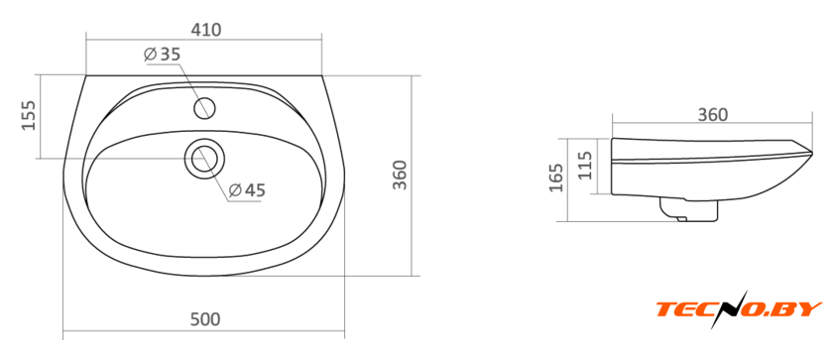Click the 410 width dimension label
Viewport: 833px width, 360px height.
point(206,30)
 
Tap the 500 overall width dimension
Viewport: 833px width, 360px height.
point(205,319)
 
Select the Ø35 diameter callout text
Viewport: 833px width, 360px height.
point(163,55)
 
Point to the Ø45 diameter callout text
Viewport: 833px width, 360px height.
point(247,189)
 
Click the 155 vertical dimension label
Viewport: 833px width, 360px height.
point(28,115)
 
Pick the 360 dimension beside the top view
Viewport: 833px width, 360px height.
point(399,175)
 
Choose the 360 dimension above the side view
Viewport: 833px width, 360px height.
point(712,114)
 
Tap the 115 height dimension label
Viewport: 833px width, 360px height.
point(584,166)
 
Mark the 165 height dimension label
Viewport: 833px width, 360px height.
point(555,178)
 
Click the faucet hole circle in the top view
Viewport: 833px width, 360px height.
point(204,108)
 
